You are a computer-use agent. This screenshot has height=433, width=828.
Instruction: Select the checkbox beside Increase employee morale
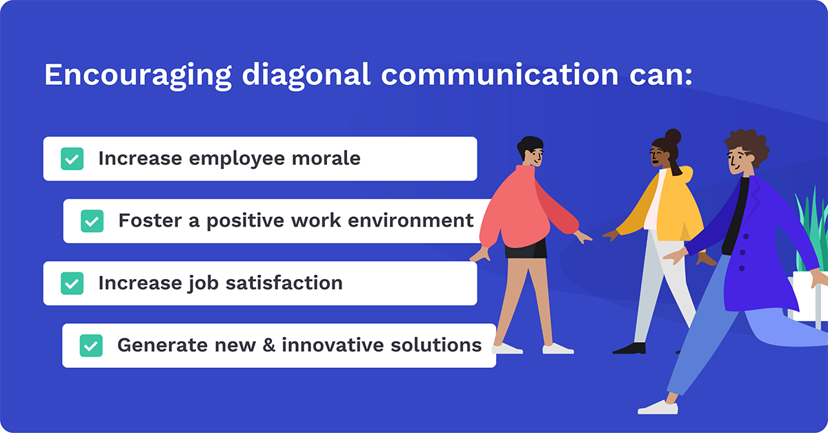click(x=72, y=159)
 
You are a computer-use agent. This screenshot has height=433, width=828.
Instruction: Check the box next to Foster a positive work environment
click(x=92, y=221)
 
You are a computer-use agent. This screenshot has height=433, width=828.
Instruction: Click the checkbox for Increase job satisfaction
click(x=72, y=283)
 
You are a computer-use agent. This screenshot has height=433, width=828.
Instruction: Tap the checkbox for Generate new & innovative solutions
click(x=91, y=345)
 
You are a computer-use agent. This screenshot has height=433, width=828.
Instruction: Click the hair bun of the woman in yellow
click(x=673, y=136)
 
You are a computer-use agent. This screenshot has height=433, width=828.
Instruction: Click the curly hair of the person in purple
click(x=748, y=145)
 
